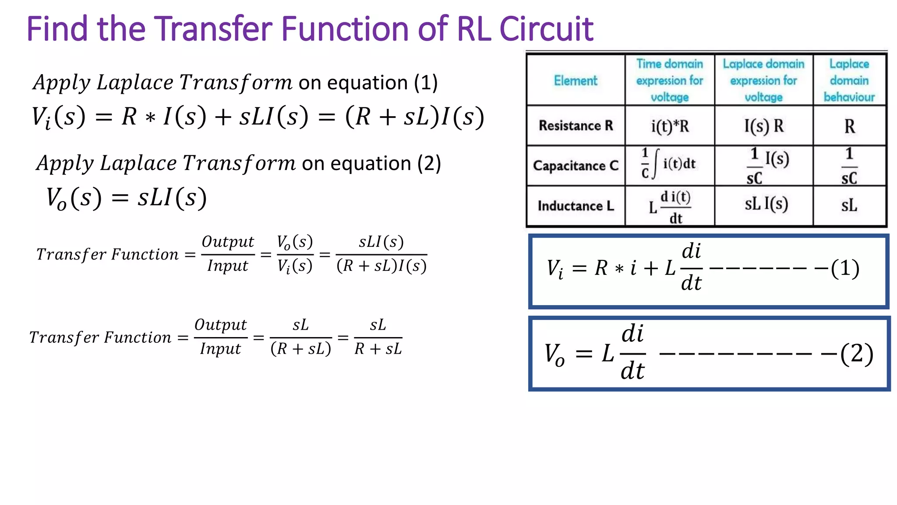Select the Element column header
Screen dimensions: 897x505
[576, 81]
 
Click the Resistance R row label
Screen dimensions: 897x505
[576, 126]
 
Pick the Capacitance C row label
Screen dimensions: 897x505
[576, 166]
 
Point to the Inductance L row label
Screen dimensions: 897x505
[576, 206]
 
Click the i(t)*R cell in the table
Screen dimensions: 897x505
[670, 126]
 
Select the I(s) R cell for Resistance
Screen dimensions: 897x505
[764, 126]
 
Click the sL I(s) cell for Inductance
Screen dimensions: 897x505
[766, 204]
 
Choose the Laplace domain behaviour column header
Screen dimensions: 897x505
[849, 81]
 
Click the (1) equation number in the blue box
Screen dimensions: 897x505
[845, 268]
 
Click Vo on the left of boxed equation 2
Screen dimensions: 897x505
[554, 354]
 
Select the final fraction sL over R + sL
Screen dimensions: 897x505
[378, 337]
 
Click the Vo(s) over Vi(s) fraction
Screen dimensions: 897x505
[295, 254]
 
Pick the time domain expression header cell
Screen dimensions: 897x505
[670, 81]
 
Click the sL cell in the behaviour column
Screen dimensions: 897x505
[849, 205]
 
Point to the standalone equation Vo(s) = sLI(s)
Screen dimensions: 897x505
[126, 198]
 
